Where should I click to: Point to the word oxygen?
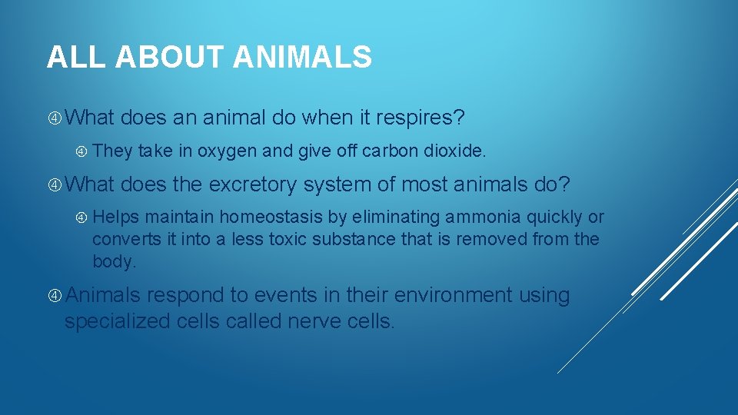coord(227,151)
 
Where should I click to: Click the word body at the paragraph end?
coord(113,261)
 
